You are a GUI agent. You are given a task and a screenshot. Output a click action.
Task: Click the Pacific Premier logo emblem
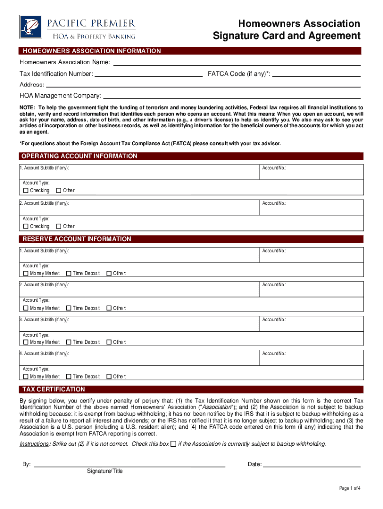tap(31, 27)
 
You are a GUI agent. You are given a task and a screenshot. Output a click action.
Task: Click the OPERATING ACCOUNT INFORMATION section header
tap(80, 156)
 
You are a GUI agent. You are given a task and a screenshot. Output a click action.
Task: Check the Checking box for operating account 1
tap(26, 191)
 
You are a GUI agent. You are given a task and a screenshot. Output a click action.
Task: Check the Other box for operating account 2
tap(59, 226)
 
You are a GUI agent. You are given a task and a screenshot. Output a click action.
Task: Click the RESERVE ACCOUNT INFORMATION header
tap(77, 239)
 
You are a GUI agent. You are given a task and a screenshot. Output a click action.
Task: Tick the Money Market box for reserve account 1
tap(26, 274)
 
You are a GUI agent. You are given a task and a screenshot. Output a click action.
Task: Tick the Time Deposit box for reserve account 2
tap(69, 308)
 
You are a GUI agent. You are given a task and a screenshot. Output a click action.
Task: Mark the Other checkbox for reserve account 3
tap(109, 342)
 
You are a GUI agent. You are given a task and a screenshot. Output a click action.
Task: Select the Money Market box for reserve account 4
tap(26, 377)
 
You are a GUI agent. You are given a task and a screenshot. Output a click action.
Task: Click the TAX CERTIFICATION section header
tap(53, 389)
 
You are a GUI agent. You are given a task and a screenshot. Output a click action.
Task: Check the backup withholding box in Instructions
tap(173, 444)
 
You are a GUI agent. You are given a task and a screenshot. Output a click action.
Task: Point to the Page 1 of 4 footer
tap(350, 488)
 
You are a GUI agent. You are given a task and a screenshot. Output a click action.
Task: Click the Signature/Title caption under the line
tap(104, 471)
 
